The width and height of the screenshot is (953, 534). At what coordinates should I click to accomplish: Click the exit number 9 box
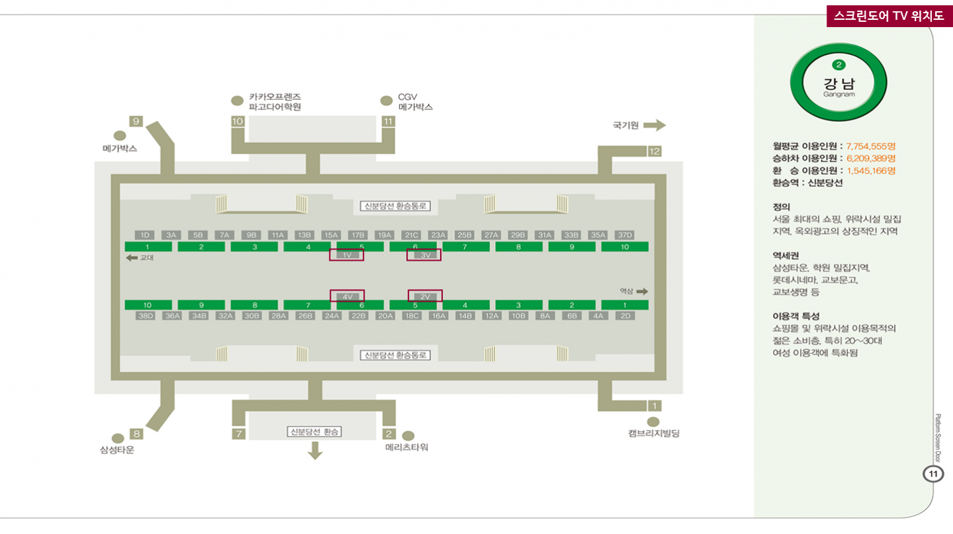[136, 121]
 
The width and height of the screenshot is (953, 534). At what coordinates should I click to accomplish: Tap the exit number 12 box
[654, 152]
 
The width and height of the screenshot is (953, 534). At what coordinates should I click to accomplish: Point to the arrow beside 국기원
[654, 125]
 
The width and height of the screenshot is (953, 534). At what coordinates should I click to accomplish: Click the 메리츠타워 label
[406, 447]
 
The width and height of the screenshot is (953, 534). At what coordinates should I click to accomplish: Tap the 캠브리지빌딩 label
[654, 433]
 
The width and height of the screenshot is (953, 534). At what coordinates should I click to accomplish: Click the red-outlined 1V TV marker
[347, 255]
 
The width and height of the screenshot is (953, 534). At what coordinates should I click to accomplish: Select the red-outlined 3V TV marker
[424, 255]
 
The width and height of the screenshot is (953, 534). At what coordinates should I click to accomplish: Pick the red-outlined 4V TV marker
[347, 296]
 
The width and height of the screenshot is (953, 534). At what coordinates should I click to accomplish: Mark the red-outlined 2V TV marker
[425, 296]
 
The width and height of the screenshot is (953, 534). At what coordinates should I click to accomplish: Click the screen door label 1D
[145, 235]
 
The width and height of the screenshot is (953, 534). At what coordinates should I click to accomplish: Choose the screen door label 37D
[625, 235]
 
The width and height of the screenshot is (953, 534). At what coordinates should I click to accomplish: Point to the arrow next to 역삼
[642, 291]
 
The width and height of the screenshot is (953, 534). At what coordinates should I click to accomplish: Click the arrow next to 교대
[132, 258]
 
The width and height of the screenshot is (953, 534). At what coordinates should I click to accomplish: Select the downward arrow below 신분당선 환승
[315, 451]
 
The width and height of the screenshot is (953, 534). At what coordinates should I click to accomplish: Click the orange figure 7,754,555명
[870, 146]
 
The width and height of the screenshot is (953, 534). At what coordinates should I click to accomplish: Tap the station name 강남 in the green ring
[839, 84]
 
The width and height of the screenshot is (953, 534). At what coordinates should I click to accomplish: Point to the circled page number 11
[933, 474]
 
